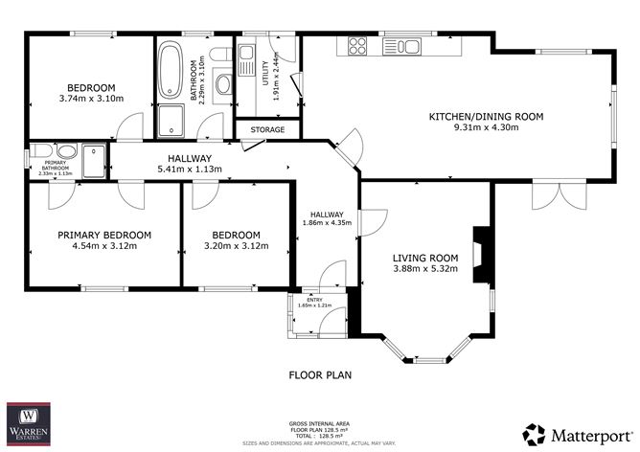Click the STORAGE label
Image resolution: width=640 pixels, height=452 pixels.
coord(267,129)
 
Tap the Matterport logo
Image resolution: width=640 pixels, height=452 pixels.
coord(578,432)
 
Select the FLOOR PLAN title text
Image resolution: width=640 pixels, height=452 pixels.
coord(321,375)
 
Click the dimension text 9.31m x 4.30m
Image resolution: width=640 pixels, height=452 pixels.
coord(487,129)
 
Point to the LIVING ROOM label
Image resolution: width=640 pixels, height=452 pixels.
coord(426,257)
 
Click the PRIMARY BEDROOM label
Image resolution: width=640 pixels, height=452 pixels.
coord(104,235)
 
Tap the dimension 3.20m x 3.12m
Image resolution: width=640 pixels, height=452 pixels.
coord(236,246)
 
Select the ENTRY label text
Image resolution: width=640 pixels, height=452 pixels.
coord(316,299)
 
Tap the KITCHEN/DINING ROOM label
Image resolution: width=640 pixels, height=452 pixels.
coord(486,117)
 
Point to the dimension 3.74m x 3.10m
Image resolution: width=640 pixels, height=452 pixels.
coord(92,98)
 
